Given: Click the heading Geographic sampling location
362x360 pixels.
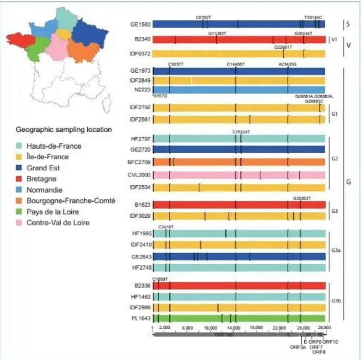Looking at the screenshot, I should [x=64, y=130].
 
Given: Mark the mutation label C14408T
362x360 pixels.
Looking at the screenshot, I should [x=236, y=64].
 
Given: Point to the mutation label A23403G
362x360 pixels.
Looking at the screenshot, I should [x=288, y=64].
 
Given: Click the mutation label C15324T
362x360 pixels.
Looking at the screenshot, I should [x=241, y=132].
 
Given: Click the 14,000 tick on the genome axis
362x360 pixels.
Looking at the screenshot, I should [x=234, y=328].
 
